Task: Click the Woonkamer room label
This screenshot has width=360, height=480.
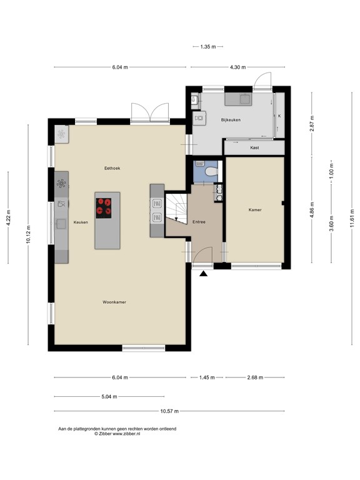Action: click(114, 302)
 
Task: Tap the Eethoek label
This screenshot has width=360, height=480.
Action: click(112, 168)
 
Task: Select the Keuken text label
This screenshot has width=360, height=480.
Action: click(81, 222)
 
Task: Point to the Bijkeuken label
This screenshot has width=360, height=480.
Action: click(231, 120)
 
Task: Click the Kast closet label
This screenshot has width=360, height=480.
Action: click(254, 147)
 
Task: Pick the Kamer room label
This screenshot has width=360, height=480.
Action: click(255, 210)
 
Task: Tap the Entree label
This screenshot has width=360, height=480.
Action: click(199, 222)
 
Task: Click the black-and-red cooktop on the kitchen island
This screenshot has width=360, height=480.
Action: click(104, 208)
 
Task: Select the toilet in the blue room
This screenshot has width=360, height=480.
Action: click(211, 171)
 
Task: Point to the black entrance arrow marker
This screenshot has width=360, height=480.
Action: click(204, 273)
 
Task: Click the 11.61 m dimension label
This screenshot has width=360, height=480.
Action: click(352, 218)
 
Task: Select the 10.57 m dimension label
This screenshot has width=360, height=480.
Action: click(169, 411)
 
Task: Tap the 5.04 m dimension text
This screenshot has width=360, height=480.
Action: click(109, 397)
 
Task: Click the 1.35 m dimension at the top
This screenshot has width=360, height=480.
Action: click(208, 47)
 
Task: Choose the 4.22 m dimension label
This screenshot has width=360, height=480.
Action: click(8, 217)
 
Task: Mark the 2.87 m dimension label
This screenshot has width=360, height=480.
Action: click(312, 123)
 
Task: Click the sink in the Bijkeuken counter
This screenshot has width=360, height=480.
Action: click(245, 99)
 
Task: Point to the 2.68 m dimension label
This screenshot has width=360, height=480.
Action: click(255, 377)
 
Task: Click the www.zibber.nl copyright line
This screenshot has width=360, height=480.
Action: click(117, 434)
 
